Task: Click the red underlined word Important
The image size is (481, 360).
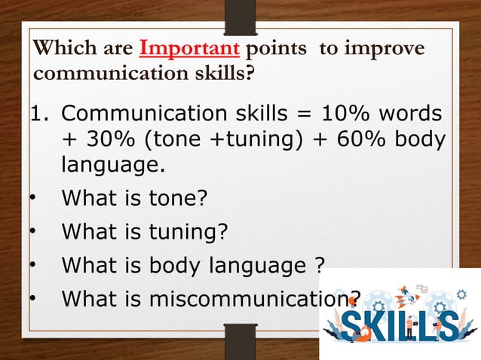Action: coord(190,50)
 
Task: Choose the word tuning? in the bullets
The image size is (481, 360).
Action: coord(186,232)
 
